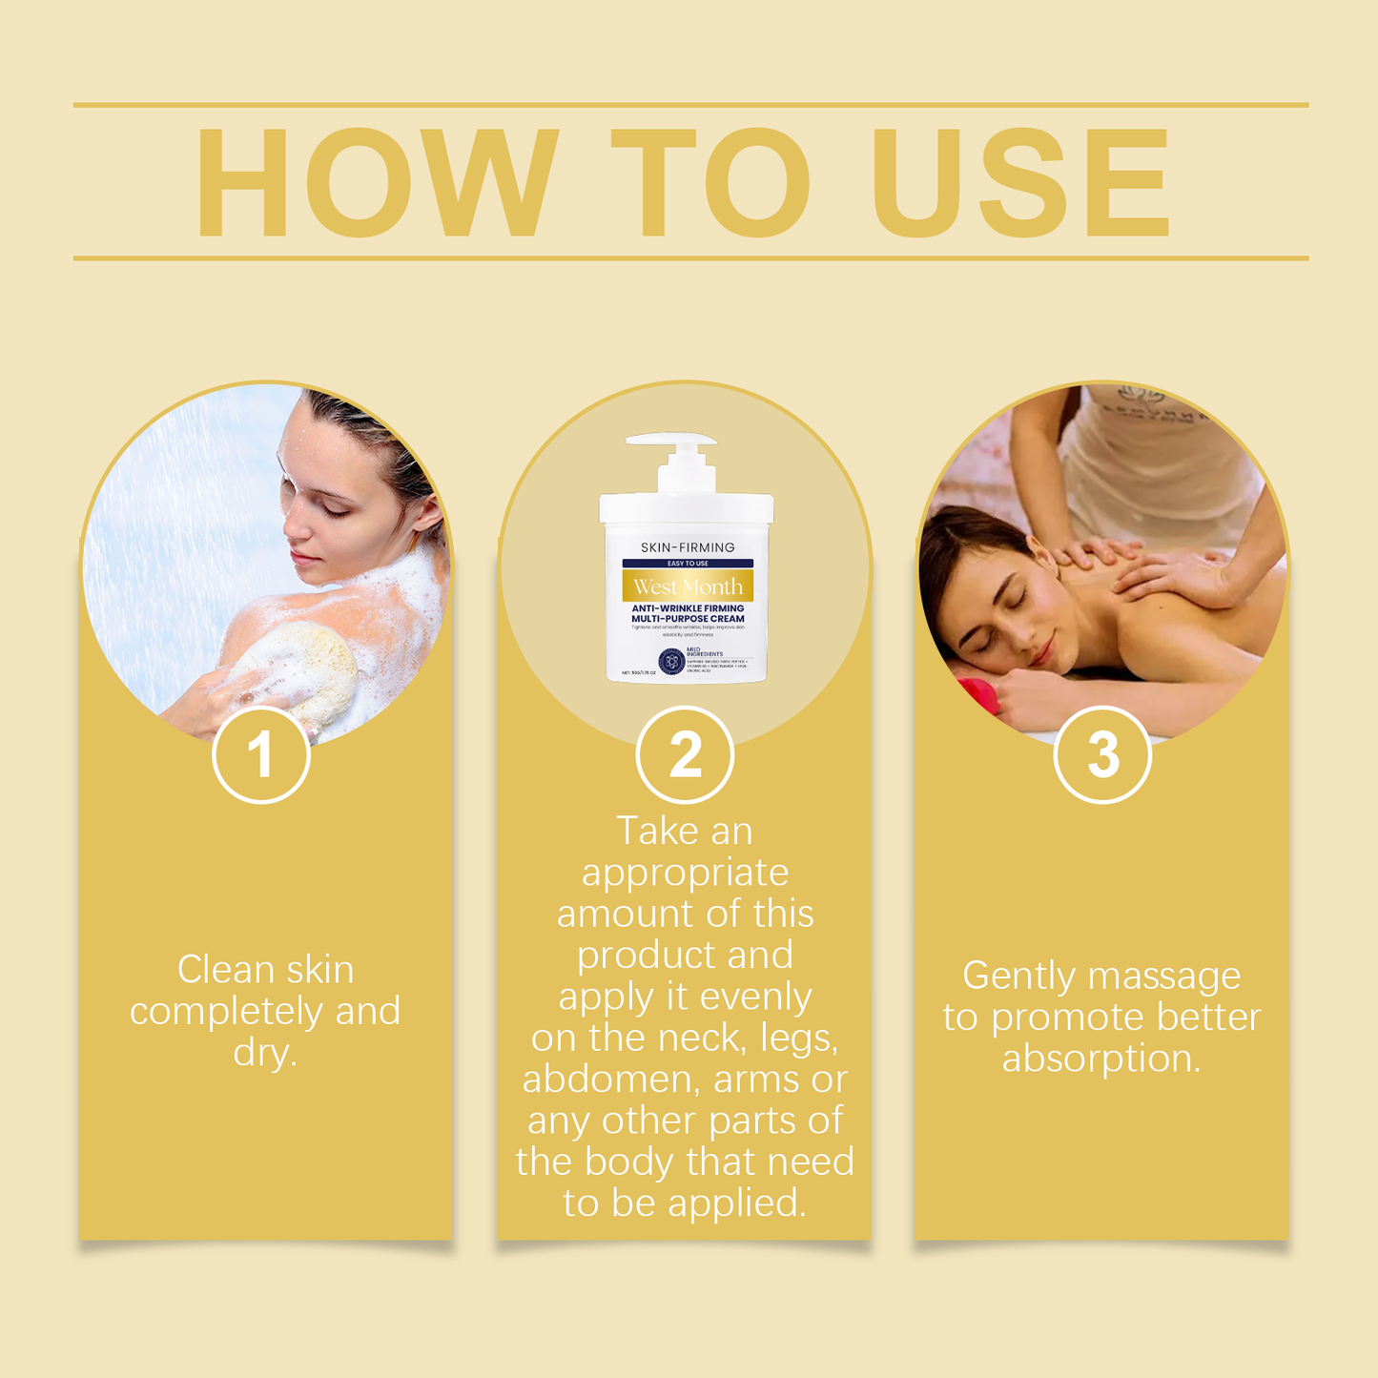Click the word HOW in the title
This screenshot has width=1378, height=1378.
click(376, 181)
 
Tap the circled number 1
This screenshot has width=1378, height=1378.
click(261, 755)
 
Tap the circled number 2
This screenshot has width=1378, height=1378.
click(685, 755)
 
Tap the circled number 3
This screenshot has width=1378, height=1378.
click(1102, 755)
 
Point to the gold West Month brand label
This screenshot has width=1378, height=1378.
click(688, 586)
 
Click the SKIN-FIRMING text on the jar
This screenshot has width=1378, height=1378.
click(688, 547)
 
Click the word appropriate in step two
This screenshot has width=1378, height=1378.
click(685, 873)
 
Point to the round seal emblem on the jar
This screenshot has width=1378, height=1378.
click(670, 659)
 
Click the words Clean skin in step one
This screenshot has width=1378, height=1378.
click(265, 970)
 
